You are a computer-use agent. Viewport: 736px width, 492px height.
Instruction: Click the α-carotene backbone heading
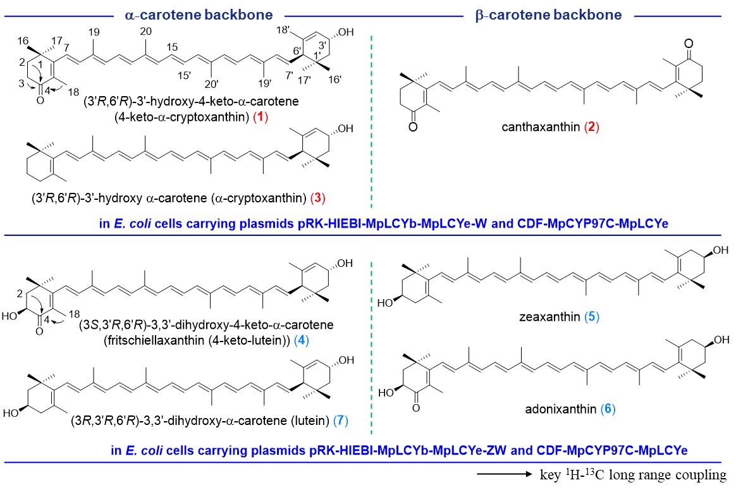click(199, 15)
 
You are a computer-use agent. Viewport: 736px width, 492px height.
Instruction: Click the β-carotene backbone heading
click(548, 15)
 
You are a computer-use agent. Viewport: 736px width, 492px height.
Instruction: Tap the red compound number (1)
click(261, 117)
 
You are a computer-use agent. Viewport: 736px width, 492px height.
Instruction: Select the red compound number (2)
click(592, 126)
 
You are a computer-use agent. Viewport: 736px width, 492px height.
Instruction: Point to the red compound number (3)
click(318, 198)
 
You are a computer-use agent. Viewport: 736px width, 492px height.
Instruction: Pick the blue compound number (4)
click(302, 340)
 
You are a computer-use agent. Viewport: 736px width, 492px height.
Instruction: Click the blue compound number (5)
click(592, 317)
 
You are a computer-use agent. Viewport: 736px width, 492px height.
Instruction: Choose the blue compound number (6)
click(608, 409)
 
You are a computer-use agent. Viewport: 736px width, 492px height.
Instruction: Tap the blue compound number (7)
click(341, 420)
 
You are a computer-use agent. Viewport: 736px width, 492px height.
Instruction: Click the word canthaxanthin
click(541, 126)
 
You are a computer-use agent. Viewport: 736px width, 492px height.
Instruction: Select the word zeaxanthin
click(549, 317)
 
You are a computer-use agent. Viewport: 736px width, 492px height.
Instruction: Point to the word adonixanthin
click(560, 409)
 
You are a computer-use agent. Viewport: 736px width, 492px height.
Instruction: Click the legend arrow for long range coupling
click(505, 474)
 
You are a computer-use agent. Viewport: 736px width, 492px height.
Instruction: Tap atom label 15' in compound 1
click(184, 75)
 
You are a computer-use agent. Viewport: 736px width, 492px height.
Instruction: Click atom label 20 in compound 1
click(146, 32)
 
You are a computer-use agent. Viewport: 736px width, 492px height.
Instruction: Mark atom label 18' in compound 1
click(283, 30)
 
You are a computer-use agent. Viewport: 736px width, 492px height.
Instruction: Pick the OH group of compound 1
click(345, 32)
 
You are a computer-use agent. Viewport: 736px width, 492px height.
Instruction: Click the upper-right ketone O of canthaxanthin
click(689, 44)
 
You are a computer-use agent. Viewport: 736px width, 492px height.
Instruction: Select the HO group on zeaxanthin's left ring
click(385, 304)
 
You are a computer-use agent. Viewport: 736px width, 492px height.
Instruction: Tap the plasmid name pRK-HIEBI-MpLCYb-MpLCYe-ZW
click(407, 451)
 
